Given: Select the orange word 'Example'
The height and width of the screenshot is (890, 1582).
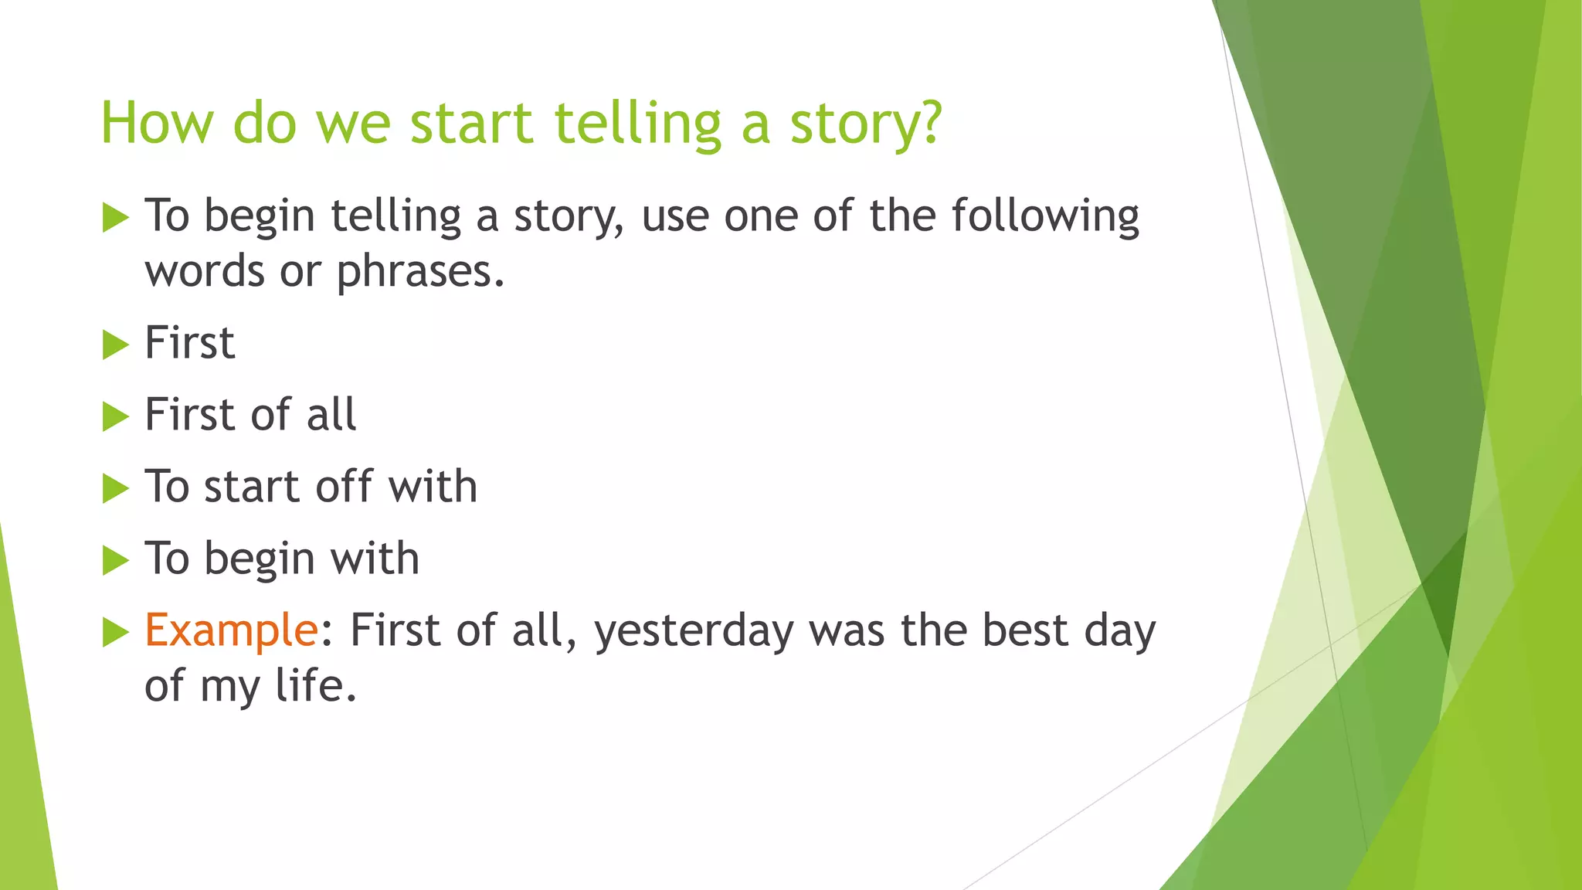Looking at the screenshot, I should (x=231, y=630).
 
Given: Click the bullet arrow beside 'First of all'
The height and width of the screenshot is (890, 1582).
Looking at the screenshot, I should (x=115, y=416).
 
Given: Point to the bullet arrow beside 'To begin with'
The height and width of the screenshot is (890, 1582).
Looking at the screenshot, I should (x=115, y=560).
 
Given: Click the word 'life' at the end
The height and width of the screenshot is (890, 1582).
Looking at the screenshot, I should (x=315, y=685).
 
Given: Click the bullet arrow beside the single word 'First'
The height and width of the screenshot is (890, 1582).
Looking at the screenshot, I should (x=115, y=345).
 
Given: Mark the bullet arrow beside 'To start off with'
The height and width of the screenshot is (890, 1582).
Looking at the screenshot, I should (x=115, y=488).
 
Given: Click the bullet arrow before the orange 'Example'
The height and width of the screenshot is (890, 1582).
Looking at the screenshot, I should (x=115, y=632).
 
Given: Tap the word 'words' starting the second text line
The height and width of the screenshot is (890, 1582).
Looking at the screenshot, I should (x=205, y=272).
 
